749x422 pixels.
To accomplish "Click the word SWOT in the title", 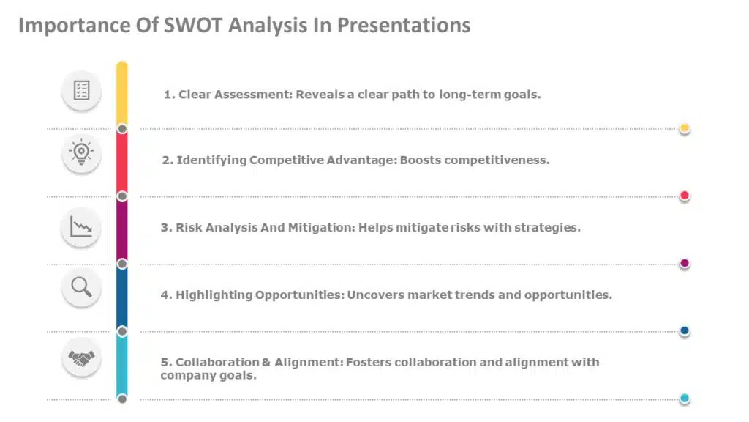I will coord(189,26).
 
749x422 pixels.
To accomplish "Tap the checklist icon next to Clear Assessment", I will coord(81,91).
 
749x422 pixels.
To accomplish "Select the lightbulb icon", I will coord(81,152).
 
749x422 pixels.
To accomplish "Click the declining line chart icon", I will coord(81,226).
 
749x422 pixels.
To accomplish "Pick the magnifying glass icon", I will coord(81,286).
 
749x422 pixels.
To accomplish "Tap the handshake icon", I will coord(81,358).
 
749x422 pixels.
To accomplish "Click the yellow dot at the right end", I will coord(685,128).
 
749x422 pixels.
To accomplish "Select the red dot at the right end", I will coord(685,196).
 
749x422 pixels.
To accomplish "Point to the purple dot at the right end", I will coord(685,263).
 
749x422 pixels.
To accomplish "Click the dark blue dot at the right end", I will coord(685,331).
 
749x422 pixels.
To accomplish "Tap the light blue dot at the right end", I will coord(685,399).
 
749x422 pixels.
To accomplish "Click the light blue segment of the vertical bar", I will coord(122,365).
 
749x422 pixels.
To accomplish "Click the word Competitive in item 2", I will coord(282,160).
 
